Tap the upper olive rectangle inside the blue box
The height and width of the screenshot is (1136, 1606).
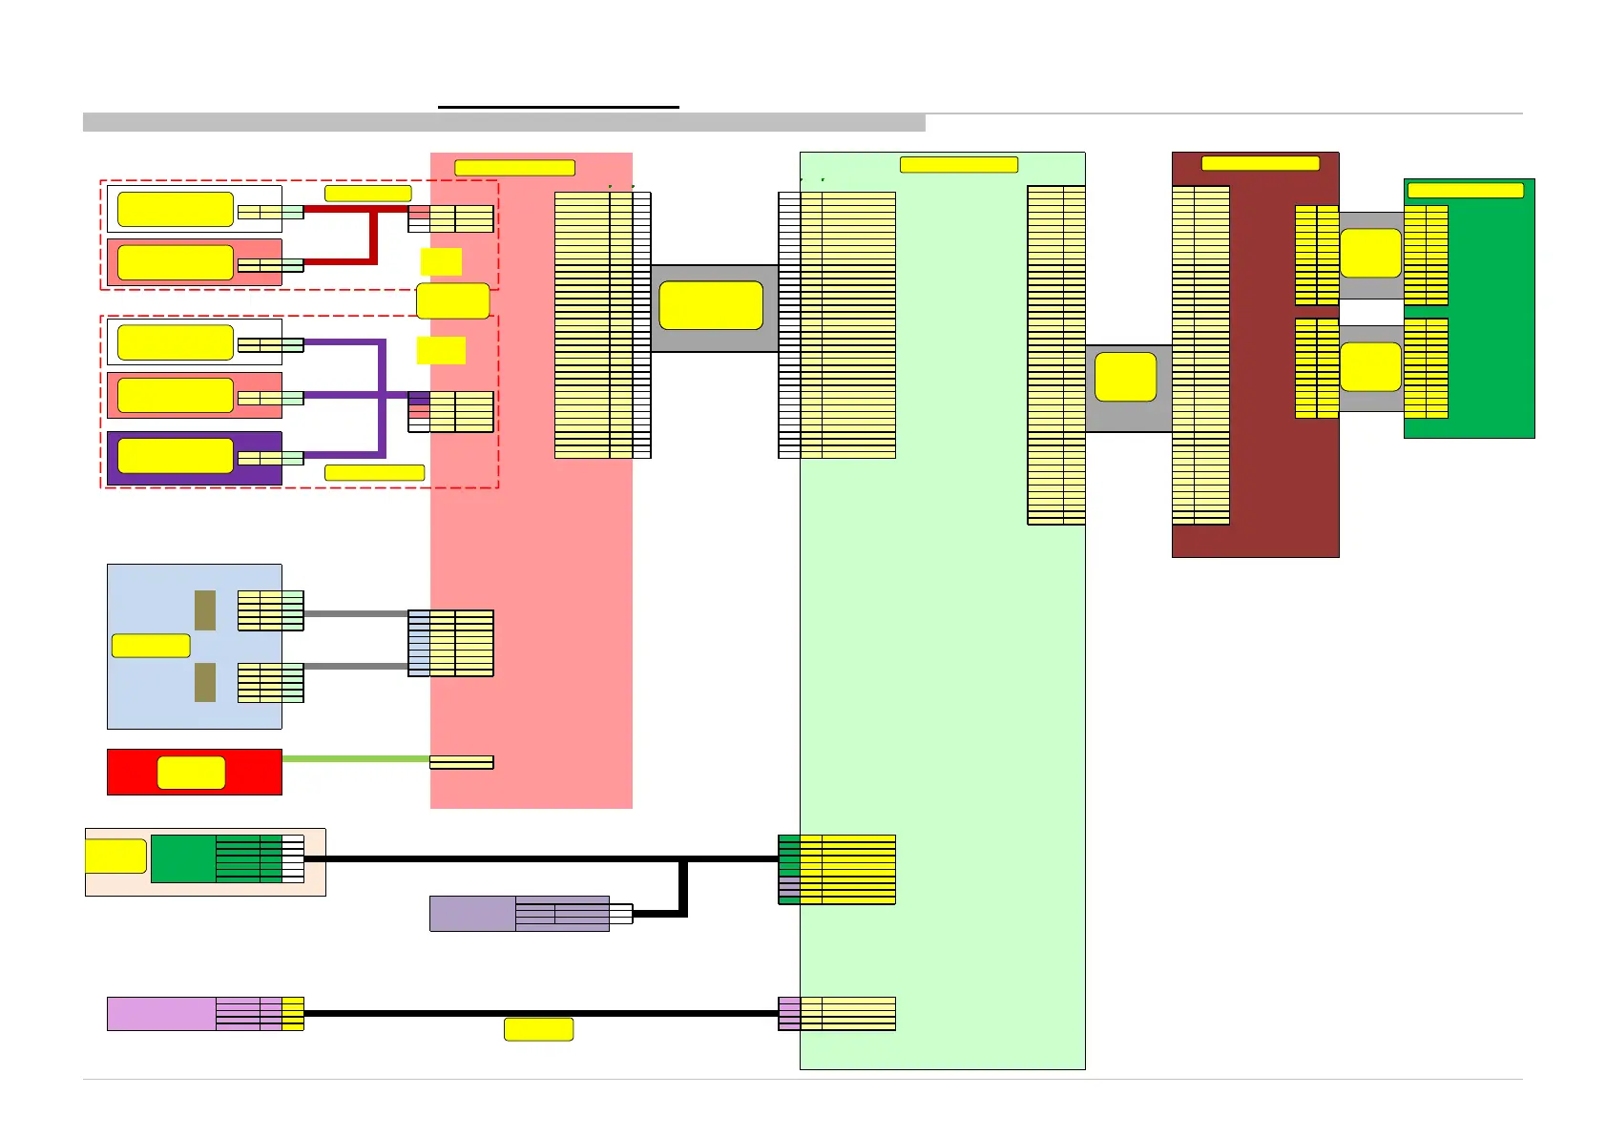point(205,610)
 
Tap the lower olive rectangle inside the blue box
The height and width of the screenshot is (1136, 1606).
point(205,683)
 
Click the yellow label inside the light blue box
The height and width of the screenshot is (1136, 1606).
point(151,646)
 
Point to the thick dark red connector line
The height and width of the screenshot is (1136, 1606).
point(374,235)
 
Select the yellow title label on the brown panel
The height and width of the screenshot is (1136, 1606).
point(1260,163)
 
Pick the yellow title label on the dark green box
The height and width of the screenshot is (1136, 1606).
point(1465,190)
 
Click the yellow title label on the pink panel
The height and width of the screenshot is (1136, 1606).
point(514,168)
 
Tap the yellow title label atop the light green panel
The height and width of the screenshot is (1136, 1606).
point(958,164)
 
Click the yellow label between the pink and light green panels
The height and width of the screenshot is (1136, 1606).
point(711,305)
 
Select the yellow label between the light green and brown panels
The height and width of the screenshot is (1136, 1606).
point(1125,377)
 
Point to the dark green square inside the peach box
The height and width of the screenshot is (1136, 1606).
point(183,858)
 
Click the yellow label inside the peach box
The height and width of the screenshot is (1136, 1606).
point(115,856)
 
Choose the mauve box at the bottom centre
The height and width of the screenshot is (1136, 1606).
point(472,914)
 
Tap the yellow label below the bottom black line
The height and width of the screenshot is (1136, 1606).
point(538,1029)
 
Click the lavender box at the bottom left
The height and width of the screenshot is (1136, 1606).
point(160,1013)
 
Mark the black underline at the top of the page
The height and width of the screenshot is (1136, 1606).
point(558,107)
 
